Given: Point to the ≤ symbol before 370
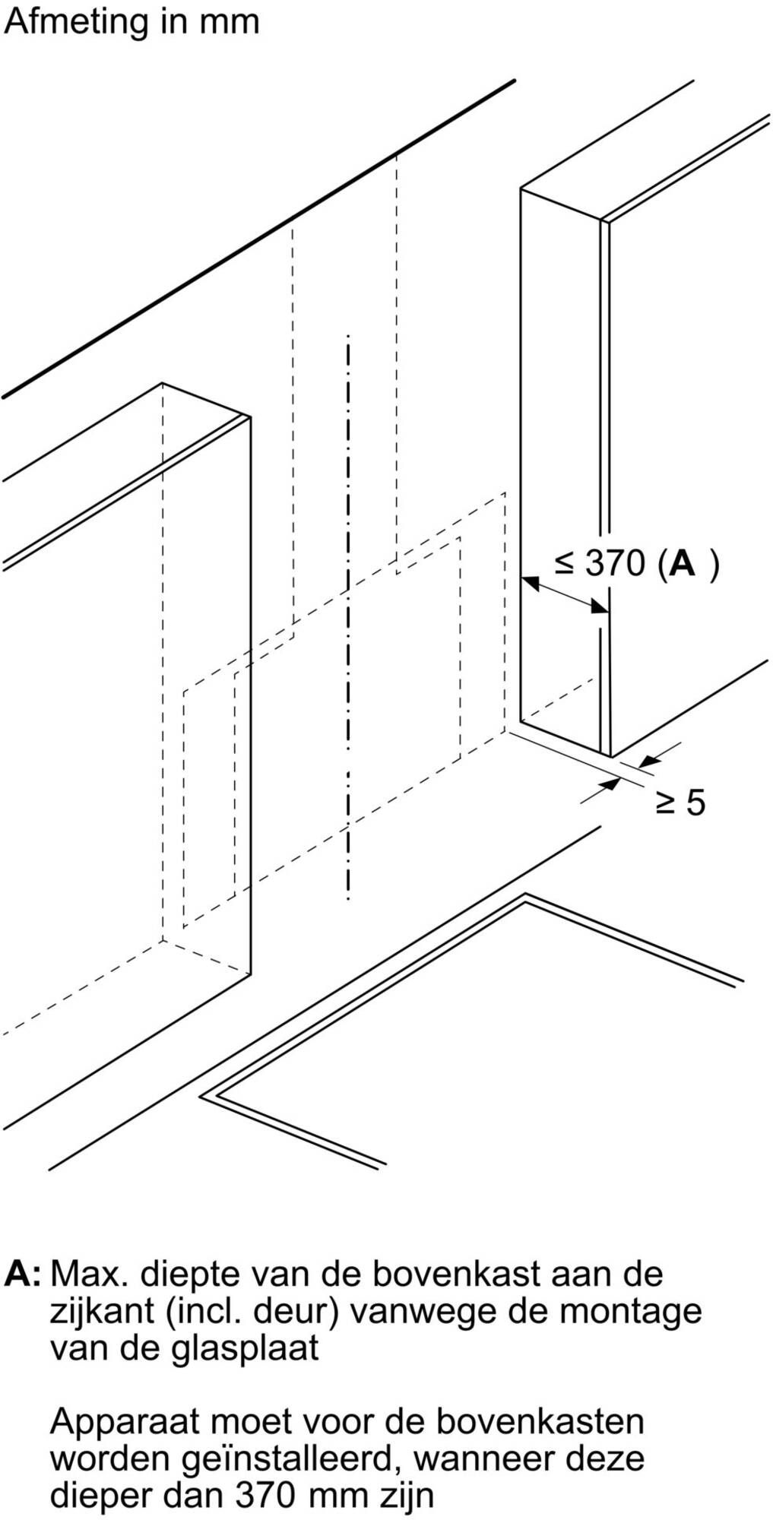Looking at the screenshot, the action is (564, 563).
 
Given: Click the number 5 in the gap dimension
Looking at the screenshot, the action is (695, 803).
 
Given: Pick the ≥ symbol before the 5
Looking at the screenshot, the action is (666, 803).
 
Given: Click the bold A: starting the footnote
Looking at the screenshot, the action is (23, 1274).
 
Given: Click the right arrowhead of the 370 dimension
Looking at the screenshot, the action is (599, 606).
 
